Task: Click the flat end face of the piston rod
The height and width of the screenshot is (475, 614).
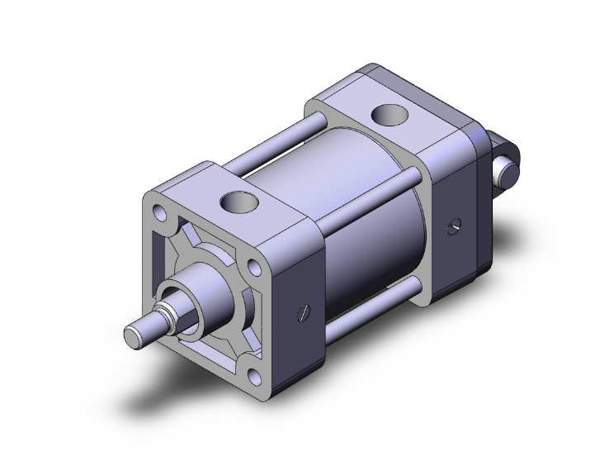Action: click(134, 337)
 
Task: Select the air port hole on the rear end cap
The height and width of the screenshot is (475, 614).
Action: click(386, 116)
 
